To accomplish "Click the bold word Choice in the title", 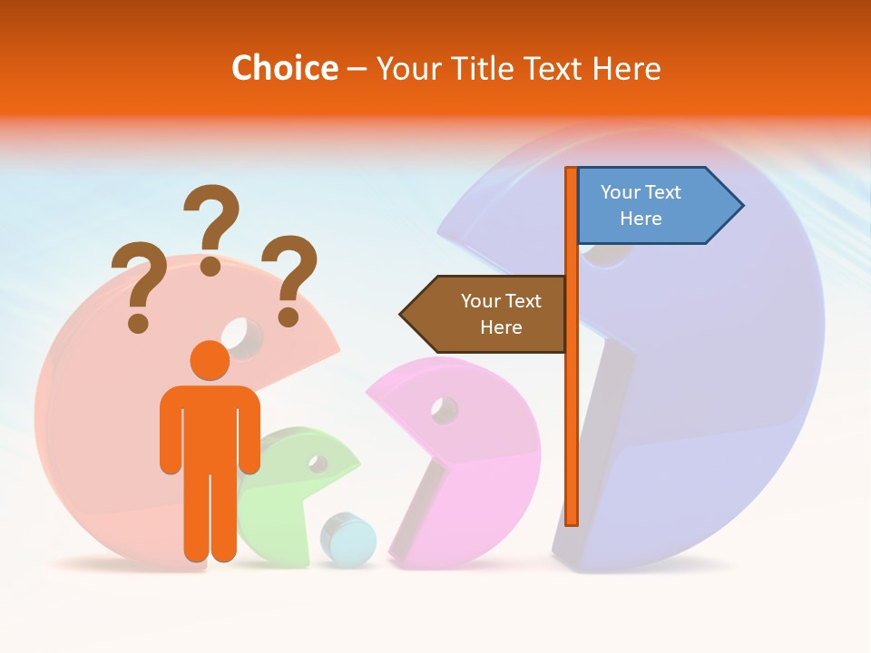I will click(x=284, y=68).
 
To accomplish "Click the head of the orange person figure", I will click(x=210, y=360).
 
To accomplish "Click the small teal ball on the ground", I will click(x=348, y=541).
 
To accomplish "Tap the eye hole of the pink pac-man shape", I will click(x=445, y=410).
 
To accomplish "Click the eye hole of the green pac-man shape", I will click(x=318, y=463).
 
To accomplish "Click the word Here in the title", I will click(x=626, y=68).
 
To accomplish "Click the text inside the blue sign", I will click(x=641, y=205).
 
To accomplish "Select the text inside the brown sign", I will click(x=500, y=314).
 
